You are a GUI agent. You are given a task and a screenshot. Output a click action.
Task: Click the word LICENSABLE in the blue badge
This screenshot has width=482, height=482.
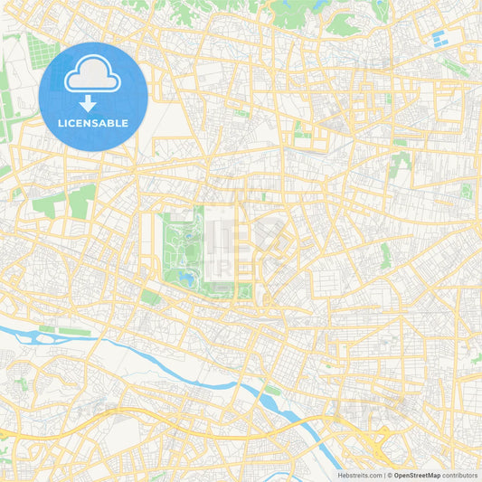pos(93,122)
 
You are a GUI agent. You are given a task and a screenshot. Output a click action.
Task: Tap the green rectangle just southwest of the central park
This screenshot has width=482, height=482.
pos(150,298)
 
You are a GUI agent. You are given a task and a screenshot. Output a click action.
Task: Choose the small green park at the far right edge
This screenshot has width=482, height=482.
pos(466,191)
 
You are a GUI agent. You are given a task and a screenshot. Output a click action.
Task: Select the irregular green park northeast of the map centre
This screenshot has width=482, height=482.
pos(399,164)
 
